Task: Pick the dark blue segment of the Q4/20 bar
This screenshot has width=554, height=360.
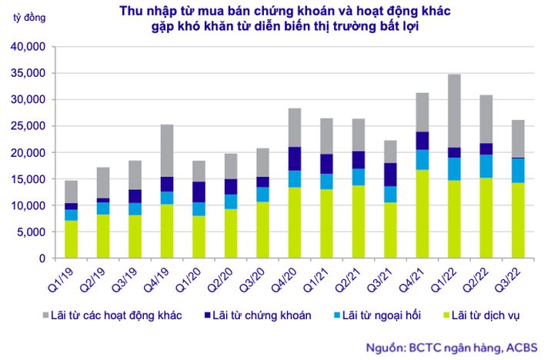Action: point(294,158)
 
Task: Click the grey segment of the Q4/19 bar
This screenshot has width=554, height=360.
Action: point(167,150)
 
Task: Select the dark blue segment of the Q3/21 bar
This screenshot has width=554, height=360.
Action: point(391,175)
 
